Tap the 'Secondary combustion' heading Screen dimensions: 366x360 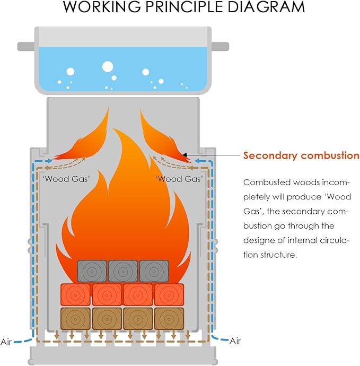click(x=301, y=155)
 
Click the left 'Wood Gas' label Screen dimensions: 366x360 click(x=66, y=179)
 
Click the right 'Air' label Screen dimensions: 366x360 click(x=235, y=342)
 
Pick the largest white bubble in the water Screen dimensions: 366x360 click(x=108, y=67)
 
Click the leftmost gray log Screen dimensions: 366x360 click(x=93, y=271)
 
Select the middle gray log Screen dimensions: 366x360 click(x=123, y=271)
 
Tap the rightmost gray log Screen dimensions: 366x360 click(x=154, y=271)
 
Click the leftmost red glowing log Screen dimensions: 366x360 click(x=76, y=294)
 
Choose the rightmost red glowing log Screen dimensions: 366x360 click(x=169, y=294)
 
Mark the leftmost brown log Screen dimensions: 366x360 click(x=76, y=318)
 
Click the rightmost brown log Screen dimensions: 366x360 click(x=169, y=318)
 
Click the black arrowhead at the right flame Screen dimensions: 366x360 click(x=185, y=155)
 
